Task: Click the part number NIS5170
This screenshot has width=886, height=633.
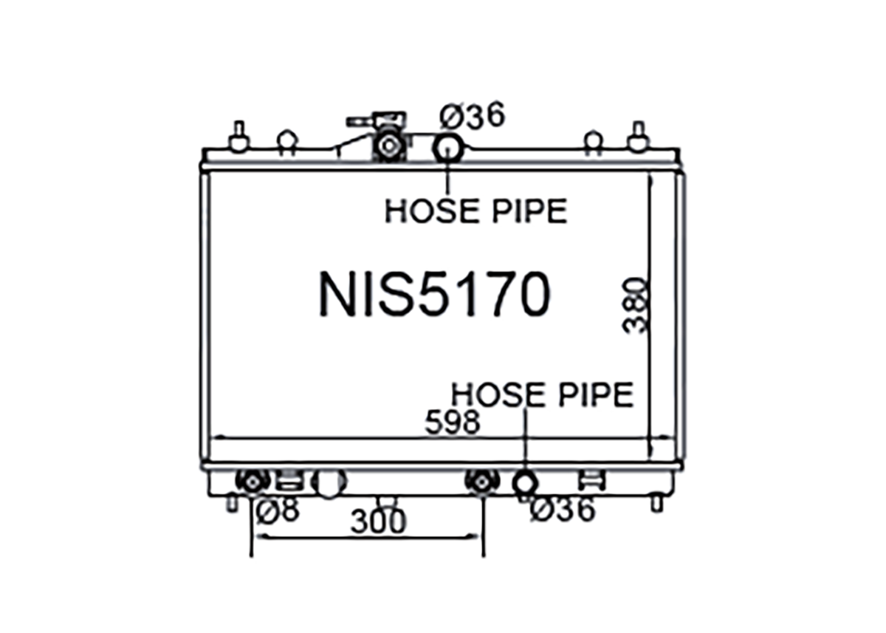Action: click(x=434, y=294)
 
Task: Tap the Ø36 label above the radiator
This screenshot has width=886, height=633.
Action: click(x=473, y=115)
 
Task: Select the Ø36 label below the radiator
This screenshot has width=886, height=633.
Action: click(x=562, y=510)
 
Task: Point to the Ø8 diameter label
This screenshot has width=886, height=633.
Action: click(x=278, y=510)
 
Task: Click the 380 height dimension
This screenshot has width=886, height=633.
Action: click(x=636, y=306)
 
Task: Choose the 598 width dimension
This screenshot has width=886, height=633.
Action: click(x=452, y=422)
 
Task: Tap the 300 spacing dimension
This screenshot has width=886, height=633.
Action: click(x=378, y=521)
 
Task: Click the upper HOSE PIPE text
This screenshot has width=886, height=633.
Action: click(x=476, y=211)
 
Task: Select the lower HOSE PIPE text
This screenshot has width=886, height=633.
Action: click(x=542, y=394)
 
